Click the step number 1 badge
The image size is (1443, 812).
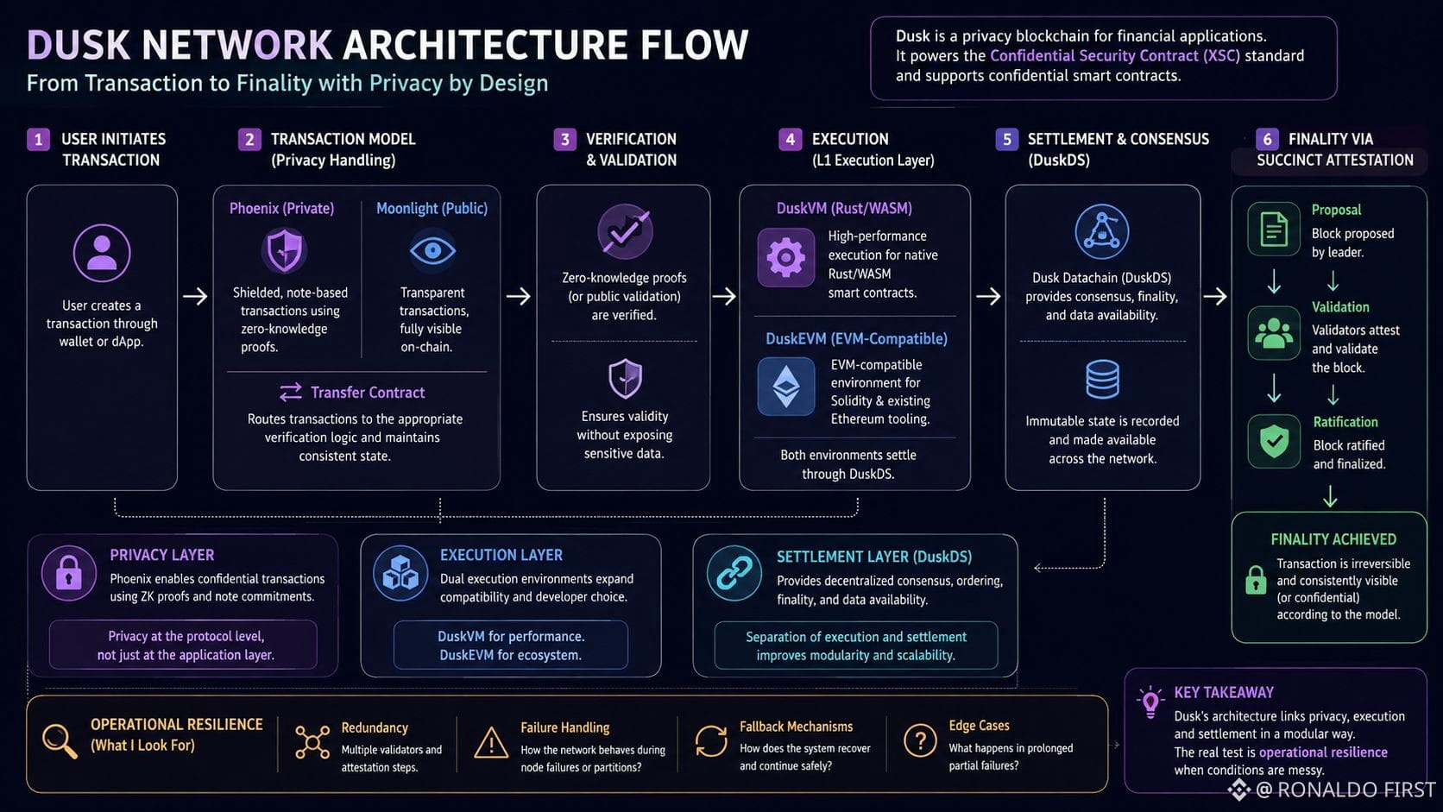pyautogui.click(x=39, y=139)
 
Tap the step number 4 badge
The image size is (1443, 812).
pyautogui.click(x=790, y=139)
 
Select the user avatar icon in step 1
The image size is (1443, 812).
pyautogui.click(x=102, y=253)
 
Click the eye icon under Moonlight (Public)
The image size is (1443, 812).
pyautogui.click(x=432, y=250)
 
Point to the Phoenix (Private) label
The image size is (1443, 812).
pyautogui.click(x=281, y=209)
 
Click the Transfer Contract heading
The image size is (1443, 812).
pyautogui.click(x=367, y=392)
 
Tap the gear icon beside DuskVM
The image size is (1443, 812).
pyautogui.click(x=786, y=257)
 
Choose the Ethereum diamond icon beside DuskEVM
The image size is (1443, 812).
pyautogui.click(x=786, y=387)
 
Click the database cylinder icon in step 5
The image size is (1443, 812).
pyautogui.click(x=1102, y=380)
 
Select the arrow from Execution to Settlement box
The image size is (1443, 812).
pyautogui.click(x=988, y=296)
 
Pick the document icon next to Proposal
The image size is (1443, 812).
pyautogui.click(x=1274, y=230)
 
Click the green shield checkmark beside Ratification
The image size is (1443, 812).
pyautogui.click(x=1274, y=441)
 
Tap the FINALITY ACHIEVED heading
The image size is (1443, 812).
pyautogui.click(x=1333, y=539)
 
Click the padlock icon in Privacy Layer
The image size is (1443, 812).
pyautogui.click(x=69, y=573)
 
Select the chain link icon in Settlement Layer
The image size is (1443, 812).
pyautogui.click(x=734, y=573)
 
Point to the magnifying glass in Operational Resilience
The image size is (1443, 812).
pyautogui.click(x=60, y=741)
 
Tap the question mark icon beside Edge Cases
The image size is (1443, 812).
pyautogui.click(x=920, y=741)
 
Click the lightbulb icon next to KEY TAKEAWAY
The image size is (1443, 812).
pyautogui.click(x=1150, y=702)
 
